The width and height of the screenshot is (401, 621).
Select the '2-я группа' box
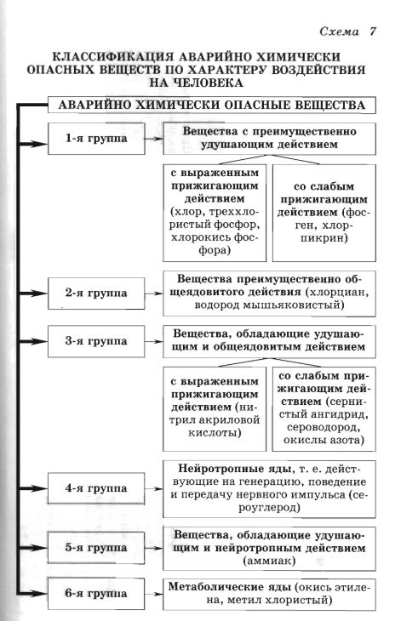(x=95, y=293)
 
